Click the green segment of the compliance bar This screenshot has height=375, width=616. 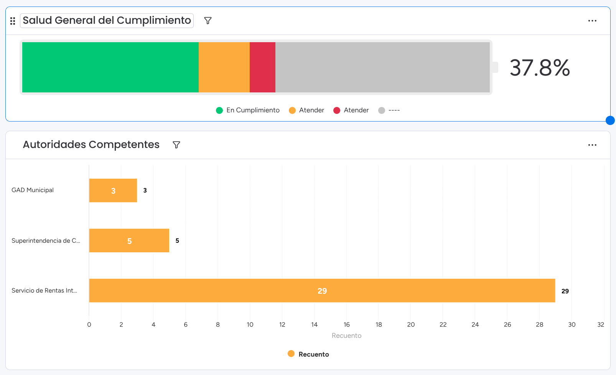click(x=110, y=67)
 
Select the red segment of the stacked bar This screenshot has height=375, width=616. click(x=262, y=67)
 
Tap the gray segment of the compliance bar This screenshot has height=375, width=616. click(x=382, y=67)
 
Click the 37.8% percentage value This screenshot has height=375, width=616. click(x=540, y=68)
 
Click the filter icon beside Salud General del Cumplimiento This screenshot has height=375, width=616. click(x=208, y=21)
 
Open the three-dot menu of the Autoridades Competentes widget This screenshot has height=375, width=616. click(x=592, y=145)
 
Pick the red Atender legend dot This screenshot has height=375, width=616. click(x=337, y=110)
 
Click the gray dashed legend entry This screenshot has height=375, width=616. click(x=389, y=110)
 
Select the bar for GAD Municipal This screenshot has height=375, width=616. click(x=113, y=191)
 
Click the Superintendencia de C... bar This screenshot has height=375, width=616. click(x=129, y=241)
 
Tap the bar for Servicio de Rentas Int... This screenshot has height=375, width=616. click(x=322, y=291)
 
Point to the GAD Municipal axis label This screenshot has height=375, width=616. click(x=33, y=190)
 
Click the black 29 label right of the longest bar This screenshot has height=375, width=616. click(x=565, y=291)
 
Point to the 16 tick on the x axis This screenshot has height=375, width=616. click(x=347, y=325)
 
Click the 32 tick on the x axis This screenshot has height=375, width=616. click(x=601, y=325)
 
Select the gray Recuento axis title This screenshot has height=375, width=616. click(x=346, y=336)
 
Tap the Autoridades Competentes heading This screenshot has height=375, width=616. click(x=91, y=145)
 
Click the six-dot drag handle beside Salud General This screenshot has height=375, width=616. click(x=13, y=21)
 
